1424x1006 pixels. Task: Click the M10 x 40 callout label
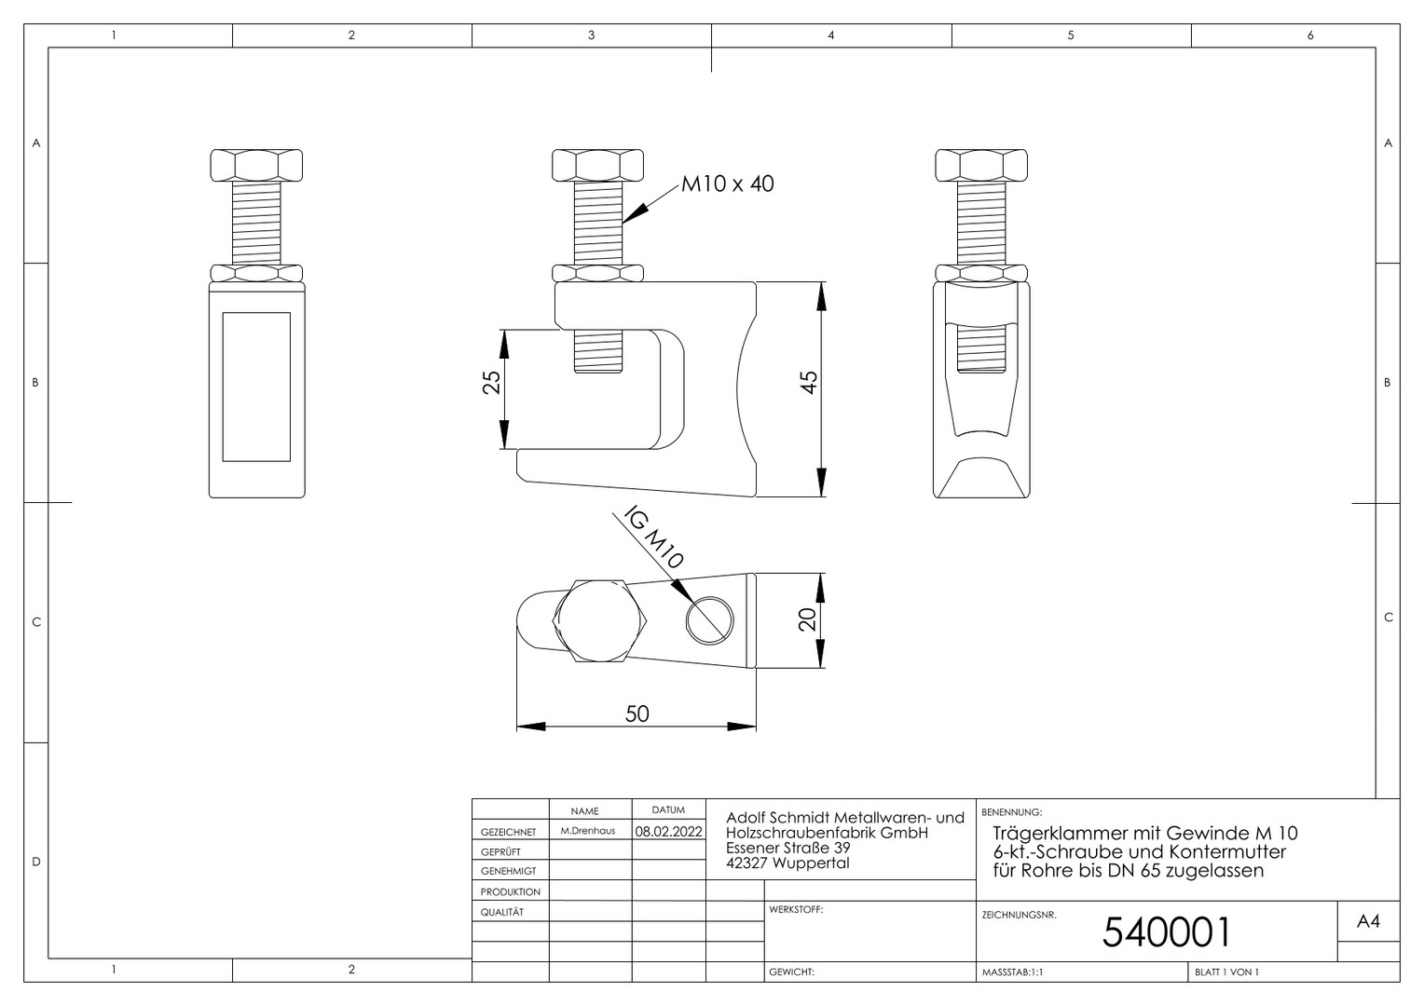[727, 184]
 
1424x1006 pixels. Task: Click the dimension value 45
[809, 382]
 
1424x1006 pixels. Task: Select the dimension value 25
[491, 382]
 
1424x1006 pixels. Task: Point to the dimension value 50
[637, 714]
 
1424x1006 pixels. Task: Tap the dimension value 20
[807, 619]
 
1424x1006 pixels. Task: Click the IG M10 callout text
[653, 537]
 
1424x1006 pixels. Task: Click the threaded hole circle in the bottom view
[709, 620]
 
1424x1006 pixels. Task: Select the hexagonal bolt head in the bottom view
[599, 621]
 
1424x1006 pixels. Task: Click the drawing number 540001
[1166, 932]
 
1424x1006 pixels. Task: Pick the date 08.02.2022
[669, 831]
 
